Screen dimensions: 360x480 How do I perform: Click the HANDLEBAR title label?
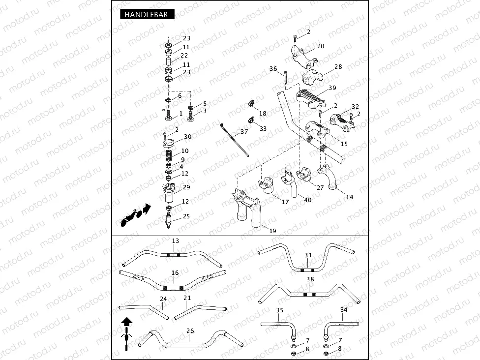[147, 15]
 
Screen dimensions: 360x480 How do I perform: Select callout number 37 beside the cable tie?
[244, 132]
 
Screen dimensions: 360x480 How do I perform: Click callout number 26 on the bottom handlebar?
[190, 331]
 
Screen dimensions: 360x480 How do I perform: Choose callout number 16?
[175, 272]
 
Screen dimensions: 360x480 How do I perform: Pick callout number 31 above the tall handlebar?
[308, 255]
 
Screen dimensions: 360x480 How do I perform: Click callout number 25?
[186, 216]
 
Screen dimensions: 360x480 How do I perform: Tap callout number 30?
[187, 137]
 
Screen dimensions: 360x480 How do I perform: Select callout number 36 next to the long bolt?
[273, 69]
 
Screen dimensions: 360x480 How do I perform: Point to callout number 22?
[184, 56]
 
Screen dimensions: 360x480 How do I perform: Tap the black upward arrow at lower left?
[127, 322]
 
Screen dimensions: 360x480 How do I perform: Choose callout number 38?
[310, 279]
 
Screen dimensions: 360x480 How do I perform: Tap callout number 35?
[279, 310]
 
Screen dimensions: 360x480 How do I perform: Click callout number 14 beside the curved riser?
[349, 197]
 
